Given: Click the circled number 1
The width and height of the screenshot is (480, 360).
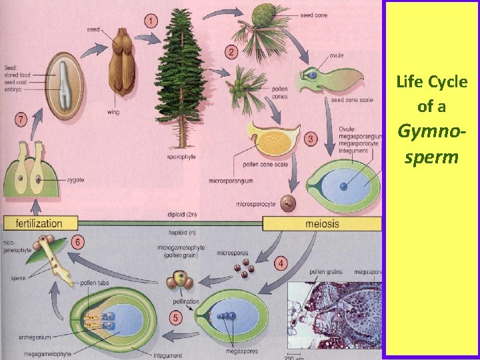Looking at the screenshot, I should tap(152, 21).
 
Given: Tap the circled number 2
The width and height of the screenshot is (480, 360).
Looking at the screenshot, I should tap(231, 52).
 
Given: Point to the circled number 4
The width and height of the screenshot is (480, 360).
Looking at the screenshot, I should tap(282, 264).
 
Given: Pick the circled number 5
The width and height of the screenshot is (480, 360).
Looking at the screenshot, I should tap(176, 319).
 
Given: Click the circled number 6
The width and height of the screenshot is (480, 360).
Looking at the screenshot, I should tap(79, 243).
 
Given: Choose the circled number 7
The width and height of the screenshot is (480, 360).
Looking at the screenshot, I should tap(21, 120).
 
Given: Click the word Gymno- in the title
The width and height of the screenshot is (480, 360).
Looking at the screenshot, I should tap(431, 131).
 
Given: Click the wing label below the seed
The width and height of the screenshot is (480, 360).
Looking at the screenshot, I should tap(113, 112).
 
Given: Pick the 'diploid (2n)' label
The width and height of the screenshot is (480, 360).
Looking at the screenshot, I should tap(182, 215).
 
